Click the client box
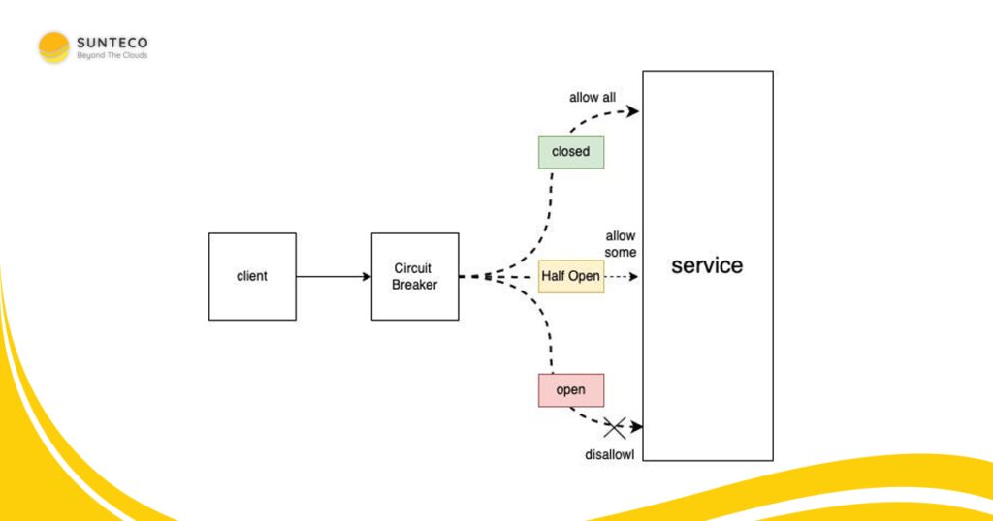click(252, 276)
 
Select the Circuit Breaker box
click(415, 276)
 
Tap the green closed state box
click(570, 152)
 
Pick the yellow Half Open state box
click(570, 276)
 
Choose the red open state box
click(570, 390)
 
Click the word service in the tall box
click(707, 265)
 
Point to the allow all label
click(593, 98)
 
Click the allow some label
click(620, 244)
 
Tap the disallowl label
click(609, 454)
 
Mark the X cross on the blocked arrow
click(614, 428)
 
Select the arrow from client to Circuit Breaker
click(334, 276)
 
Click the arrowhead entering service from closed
click(632, 111)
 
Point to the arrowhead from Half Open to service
click(633, 276)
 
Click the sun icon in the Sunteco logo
click(54, 47)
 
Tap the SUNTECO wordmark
click(112, 43)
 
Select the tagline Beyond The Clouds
click(112, 55)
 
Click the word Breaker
click(414, 285)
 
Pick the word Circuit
click(413, 268)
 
